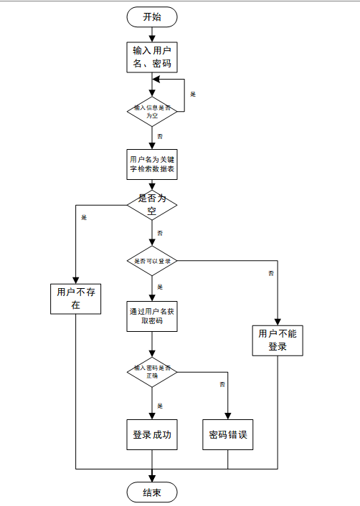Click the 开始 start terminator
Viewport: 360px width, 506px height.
click(x=151, y=17)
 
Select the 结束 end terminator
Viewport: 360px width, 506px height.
click(x=151, y=492)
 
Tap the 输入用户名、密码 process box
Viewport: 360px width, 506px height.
click(x=151, y=57)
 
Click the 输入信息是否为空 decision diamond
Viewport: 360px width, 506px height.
click(x=151, y=110)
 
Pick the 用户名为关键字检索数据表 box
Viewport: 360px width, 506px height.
click(x=151, y=164)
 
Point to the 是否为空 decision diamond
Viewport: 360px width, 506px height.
click(x=151, y=204)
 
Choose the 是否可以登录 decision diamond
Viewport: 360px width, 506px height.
click(x=151, y=261)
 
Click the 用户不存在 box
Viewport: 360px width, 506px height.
click(x=75, y=298)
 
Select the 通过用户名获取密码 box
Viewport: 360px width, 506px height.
click(x=151, y=316)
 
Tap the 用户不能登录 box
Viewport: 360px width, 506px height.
click(x=278, y=340)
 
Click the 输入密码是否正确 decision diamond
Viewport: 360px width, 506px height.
click(x=151, y=371)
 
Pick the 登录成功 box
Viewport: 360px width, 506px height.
click(x=151, y=435)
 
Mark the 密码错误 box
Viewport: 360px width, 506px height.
click(x=228, y=435)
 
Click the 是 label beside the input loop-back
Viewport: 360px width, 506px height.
click(x=192, y=94)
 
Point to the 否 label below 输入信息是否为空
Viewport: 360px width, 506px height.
click(x=159, y=135)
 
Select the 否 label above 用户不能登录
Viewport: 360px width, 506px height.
click(x=271, y=273)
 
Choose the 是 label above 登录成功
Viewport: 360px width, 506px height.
click(x=160, y=406)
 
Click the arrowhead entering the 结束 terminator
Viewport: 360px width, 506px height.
click(x=151, y=479)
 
